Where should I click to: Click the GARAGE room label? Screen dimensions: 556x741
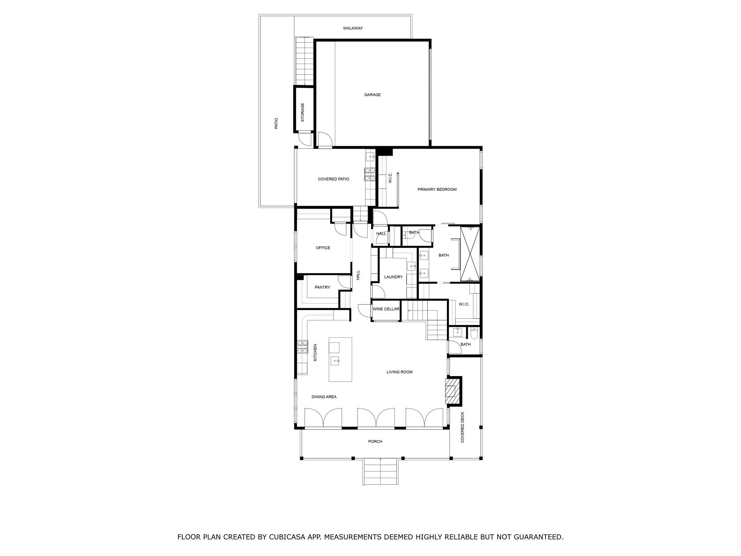tap(372, 95)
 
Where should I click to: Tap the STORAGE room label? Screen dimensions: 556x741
tap(302, 112)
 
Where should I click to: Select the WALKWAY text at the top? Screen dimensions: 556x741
tap(353, 28)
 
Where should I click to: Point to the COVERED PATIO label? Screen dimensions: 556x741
tap(333, 179)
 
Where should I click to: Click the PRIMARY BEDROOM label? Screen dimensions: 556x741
tap(437, 190)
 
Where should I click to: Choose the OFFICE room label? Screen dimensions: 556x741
tap(323, 248)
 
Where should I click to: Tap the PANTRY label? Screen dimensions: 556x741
tap(322, 287)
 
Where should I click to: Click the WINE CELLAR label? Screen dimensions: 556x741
tap(386, 309)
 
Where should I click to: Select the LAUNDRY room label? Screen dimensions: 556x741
tap(393, 277)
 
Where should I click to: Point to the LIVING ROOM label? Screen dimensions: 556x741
tap(399, 372)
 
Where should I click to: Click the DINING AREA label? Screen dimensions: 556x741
tap(324, 397)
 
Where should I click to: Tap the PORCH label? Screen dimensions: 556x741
tap(375, 442)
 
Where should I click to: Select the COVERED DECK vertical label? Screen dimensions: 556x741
tap(462, 427)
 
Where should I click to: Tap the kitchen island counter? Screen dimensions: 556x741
tap(340, 369)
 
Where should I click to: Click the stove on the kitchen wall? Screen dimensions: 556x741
tap(302, 347)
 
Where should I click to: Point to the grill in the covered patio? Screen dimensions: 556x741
tap(370, 174)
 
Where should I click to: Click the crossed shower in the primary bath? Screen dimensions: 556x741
tap(470, 253)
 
